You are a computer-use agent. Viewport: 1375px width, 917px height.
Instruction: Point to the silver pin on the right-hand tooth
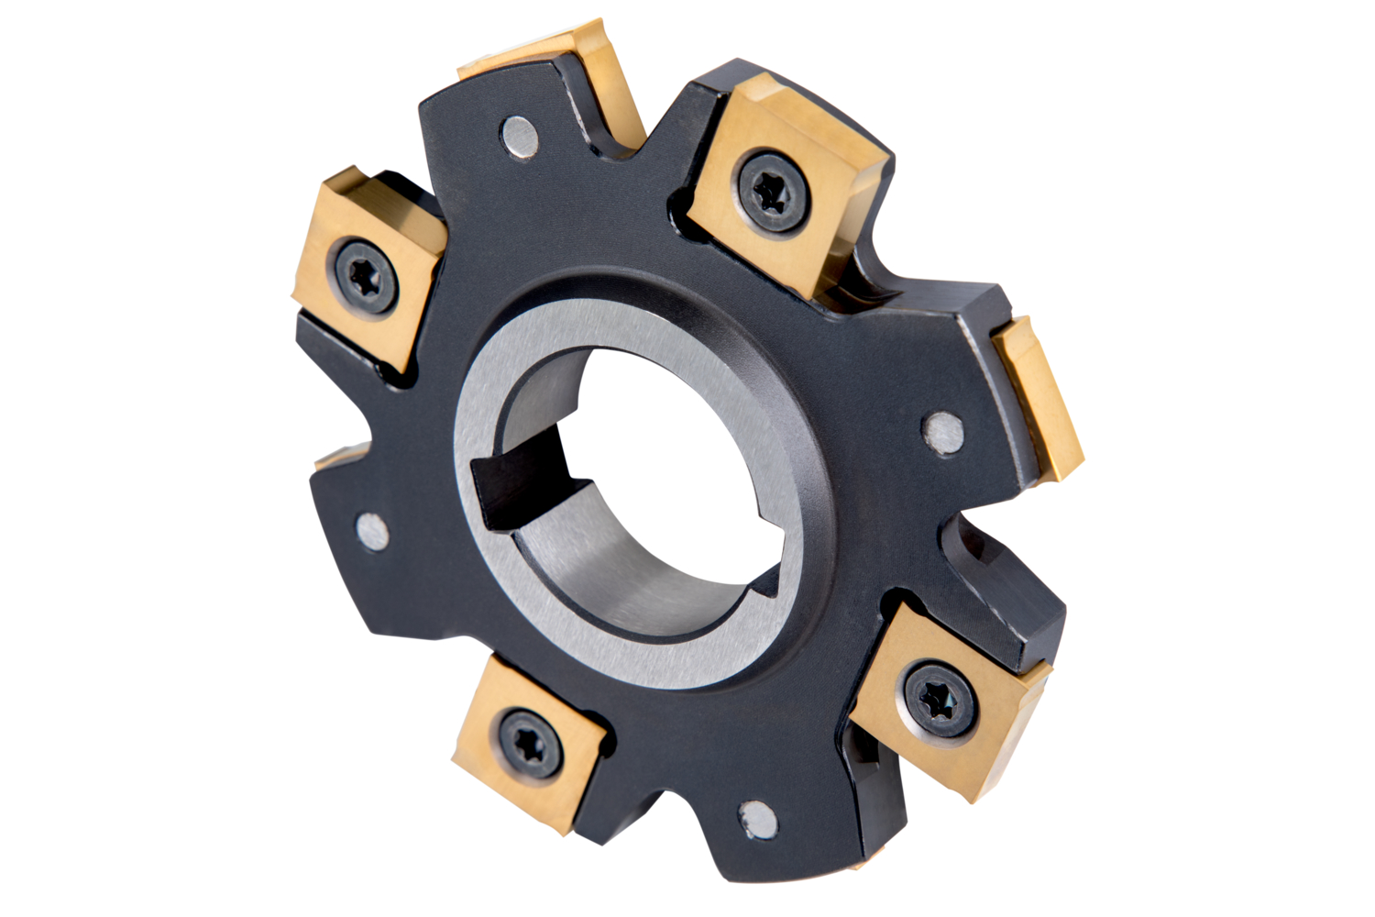tap(942, 432)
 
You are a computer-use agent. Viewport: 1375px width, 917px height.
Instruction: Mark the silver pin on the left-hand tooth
tap(371, 533)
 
